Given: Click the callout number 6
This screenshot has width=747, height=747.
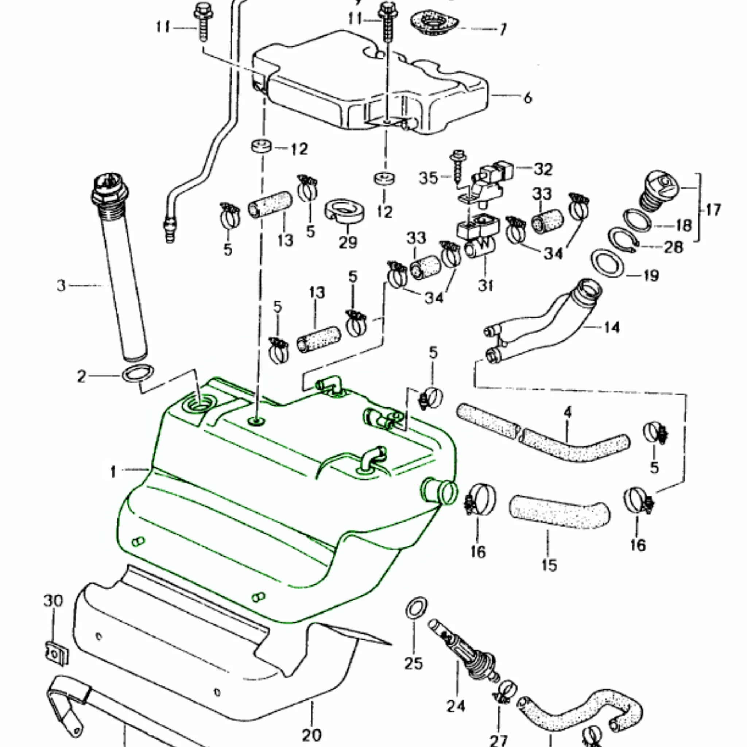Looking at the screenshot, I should pyautogui.click(x=527, y=97).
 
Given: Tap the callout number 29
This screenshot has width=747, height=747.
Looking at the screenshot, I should pyautogui.click(x=348, y=243).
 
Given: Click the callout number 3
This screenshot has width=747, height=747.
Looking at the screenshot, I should pyautogui.click(x=61, y=286).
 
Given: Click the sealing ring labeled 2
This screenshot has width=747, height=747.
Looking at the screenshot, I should pyautogui.click(x=138, y=373).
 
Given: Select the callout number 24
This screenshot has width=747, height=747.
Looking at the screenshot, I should pyautogui.click(x=456, y=706).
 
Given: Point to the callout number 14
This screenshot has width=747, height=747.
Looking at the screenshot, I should pyautogui.click(x=611, y=328).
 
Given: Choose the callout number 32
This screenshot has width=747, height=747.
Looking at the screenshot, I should pyautogui.click(x=543, y=169).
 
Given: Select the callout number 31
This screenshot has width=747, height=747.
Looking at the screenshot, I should pyautogui.click(x=485, y=285).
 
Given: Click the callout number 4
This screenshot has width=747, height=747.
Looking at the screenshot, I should pyautogui.click(x=567, y=412).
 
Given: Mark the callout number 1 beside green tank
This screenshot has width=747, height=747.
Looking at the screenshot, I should pyautogui.click(x=113, y=472).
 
